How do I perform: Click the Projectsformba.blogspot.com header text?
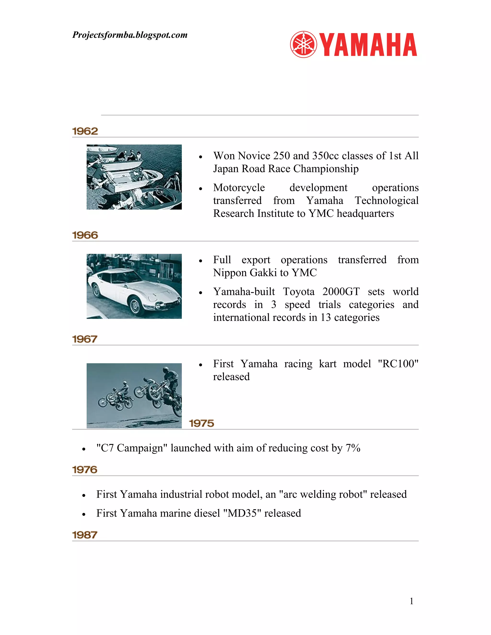130,35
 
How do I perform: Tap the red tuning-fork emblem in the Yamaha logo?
303,45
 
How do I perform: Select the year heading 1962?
85,131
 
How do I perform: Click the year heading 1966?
85,235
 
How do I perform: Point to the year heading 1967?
85,339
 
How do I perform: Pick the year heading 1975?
201,423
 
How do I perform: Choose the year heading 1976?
85,470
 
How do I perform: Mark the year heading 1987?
85,535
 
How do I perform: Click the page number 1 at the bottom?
411,601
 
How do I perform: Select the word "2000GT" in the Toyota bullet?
341,292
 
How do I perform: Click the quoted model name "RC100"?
398,364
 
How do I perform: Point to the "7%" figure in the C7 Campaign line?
353,448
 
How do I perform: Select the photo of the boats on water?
134,177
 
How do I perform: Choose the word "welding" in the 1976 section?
317,494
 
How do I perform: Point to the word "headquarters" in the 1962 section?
365,214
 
